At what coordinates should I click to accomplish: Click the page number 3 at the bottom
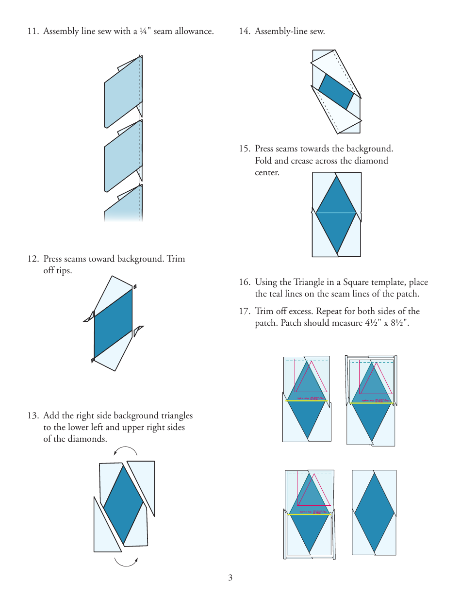(230, 578)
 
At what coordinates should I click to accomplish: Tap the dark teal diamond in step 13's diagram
(124, 505)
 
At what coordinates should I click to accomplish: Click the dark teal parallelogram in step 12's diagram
(113, 323)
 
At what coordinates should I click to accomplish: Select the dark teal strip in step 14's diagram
(336, 92)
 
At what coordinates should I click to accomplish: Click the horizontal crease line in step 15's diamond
(336, 213)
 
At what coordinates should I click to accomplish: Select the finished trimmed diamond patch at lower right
(374, 512)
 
